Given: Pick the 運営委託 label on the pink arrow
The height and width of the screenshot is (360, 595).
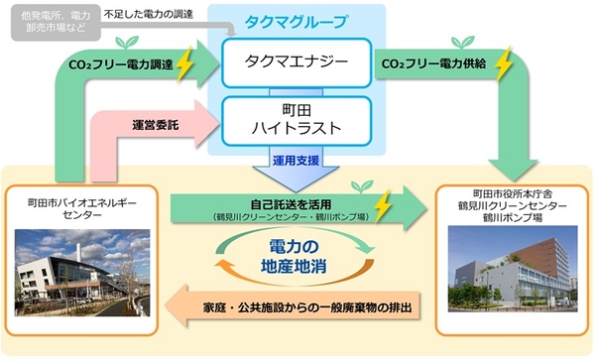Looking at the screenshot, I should click(156, 125).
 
